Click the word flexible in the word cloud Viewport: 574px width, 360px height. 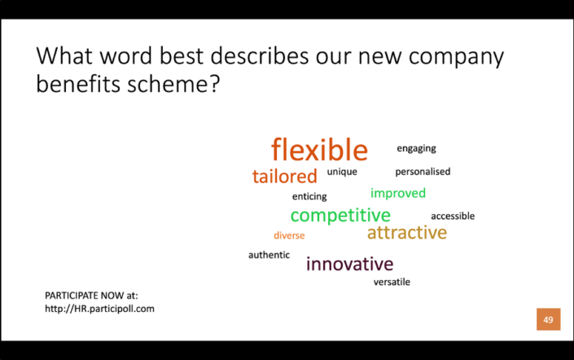click(319, 151)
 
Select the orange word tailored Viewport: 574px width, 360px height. click(284, 177)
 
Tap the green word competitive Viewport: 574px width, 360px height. click(340, 216)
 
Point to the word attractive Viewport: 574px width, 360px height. click(406, 233)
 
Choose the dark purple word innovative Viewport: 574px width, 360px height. click(349, 264)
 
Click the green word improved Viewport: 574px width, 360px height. click(398, 194)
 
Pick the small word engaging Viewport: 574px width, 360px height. click(416, 148)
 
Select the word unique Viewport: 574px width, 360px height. click(342, 172)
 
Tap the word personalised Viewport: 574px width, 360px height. click(423, 172)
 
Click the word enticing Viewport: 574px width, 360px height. click(309, 196)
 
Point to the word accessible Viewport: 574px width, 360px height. click(453, 216)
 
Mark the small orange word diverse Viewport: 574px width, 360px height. click(289, 235)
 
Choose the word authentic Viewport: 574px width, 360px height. click(269, 255)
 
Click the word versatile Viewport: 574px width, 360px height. click(392, 282)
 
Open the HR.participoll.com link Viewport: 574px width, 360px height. click(99, 309)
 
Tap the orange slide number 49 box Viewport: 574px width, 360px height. click(548, 319)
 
